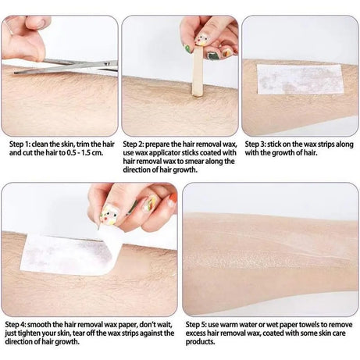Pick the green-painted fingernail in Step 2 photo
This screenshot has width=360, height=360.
187,49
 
